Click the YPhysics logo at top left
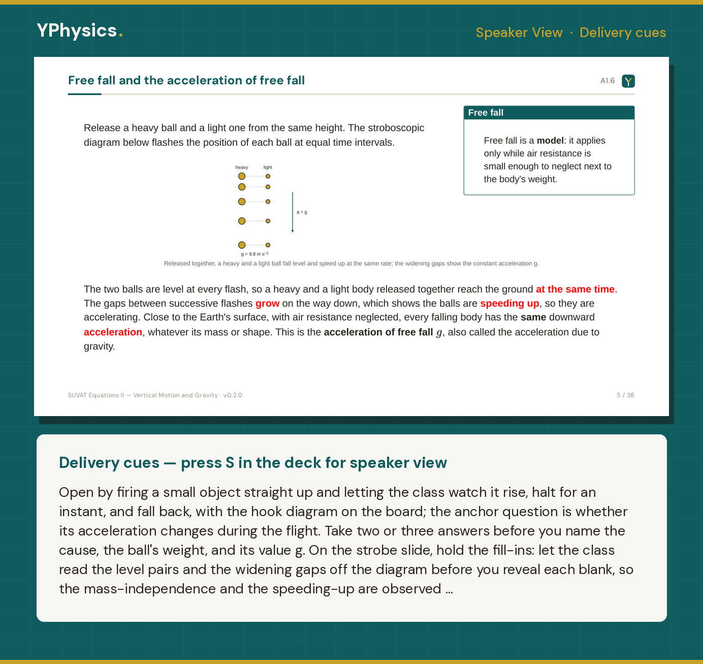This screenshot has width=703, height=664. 80,30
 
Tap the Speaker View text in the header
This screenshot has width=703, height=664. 519,33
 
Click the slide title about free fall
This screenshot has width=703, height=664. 186,80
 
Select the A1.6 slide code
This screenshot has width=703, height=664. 608,81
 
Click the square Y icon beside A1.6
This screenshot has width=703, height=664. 628,81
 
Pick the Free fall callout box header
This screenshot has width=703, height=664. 549,113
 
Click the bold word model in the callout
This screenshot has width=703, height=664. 550,141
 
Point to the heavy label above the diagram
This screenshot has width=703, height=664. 242,167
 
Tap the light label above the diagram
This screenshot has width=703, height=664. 268,167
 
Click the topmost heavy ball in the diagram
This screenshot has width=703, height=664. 242,176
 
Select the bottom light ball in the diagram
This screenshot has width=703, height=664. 268,245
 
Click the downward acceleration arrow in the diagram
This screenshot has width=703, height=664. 293,212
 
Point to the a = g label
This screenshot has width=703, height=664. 302,212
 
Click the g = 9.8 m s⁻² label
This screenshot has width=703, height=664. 255,254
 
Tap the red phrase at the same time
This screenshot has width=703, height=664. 575,290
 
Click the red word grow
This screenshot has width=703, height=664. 267,303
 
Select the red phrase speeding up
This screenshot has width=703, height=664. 509,303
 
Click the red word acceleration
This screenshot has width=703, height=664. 113,332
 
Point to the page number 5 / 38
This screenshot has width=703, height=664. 625,395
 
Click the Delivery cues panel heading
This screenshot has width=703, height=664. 253,463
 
